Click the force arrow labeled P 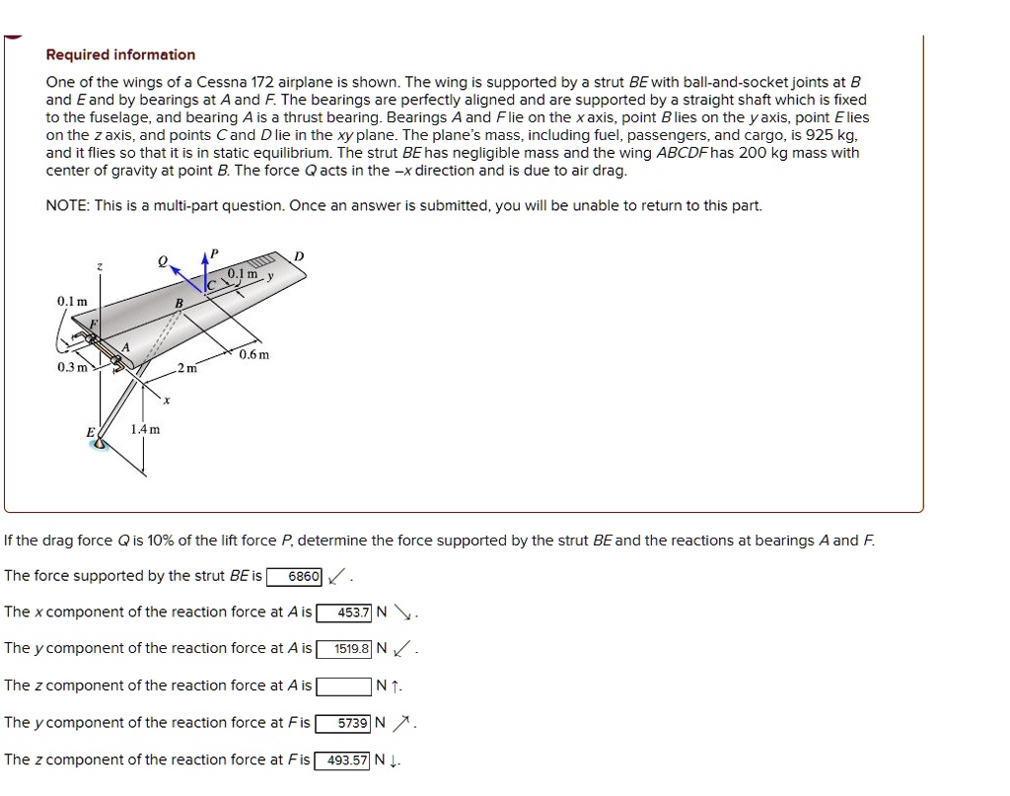[x=206, y=268]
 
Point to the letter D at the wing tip [x=300, y=256]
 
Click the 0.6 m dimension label [x=254, y=354]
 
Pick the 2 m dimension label [x=188, y=369]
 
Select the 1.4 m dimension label [x=145, y=429]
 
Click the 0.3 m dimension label [x=72, y=367]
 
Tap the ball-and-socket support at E [x=99, y=443]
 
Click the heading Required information [x=120, y=55]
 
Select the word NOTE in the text [x=66, y=206]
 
